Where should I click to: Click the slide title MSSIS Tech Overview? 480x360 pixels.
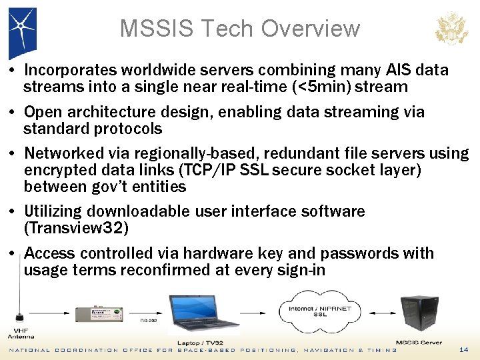tap(239, 29)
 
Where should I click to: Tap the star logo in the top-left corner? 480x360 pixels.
tap(21, 29)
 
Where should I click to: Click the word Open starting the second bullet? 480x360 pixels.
tap(42, 112)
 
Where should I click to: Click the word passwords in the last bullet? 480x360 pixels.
tap(357, 253)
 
